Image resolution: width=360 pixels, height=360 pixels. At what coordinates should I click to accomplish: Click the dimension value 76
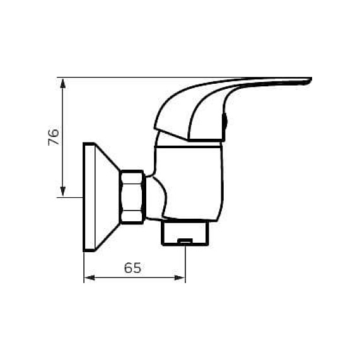[x=54, y=137]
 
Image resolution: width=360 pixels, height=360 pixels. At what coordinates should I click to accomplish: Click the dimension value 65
[x=132, y=268]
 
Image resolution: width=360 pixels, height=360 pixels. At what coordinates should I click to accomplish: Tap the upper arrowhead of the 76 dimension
[x=62, y=83]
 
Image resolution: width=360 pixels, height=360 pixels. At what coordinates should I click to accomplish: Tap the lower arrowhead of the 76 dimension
[x=62, y=192]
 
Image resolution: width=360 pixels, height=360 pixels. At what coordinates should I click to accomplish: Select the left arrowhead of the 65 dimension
[x=90, y=278]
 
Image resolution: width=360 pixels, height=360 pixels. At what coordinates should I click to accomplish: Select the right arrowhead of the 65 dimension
[x=180, y=278]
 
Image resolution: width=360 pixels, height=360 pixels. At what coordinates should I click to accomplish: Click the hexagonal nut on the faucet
[x=132, y=197]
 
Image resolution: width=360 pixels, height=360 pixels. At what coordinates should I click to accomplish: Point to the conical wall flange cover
[x=107, y=197]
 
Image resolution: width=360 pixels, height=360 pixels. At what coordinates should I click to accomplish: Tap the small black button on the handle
[x=225, y=121]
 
